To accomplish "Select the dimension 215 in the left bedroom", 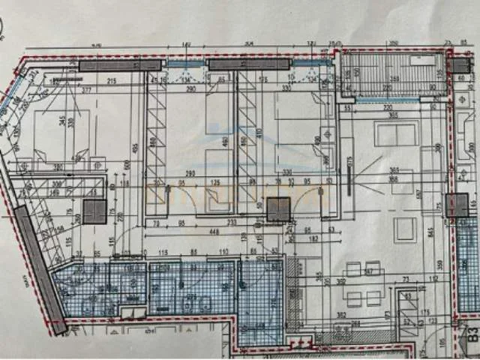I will pos(111,80).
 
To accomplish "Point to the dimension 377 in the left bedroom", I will pos(87,89).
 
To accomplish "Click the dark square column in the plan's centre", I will pos(278,209).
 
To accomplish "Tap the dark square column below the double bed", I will pos(94,211).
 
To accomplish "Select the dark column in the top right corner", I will pos(459,65).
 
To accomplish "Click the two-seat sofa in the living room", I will pos(397,135).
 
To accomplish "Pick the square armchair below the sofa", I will pos(406,229).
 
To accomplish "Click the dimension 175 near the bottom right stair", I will pos(424,310).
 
